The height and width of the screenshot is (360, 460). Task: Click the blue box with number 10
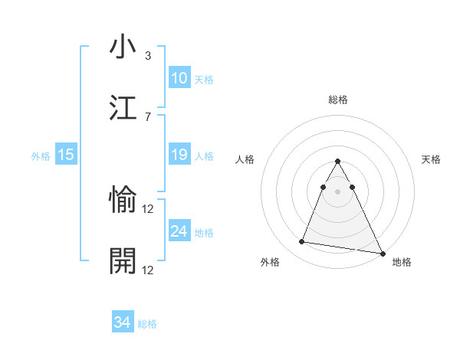tap(179, 78)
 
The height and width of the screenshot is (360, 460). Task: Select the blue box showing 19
tap(179, 155)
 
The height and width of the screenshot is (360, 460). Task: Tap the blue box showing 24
tap(179, 231)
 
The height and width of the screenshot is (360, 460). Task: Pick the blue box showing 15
tap(65, 155)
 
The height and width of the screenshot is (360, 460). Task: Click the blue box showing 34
tap(122, 322)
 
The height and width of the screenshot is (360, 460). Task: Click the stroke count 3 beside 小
tap(148, 56)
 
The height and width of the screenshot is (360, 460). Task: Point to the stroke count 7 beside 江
tap(148, 116)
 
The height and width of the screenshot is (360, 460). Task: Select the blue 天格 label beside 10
tap(204, 80)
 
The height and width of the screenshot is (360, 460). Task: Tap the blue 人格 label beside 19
tap(204, 156)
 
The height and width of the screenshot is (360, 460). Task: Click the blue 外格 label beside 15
tap(41, 156)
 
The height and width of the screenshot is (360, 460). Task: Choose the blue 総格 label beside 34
tap(147, 324)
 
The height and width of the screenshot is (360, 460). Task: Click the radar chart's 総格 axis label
tap(338, 100)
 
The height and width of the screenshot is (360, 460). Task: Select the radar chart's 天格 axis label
tap(432, 159)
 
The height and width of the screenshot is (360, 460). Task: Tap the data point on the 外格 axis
tap(301, 242)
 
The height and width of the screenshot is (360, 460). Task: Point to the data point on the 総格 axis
tap(338, 162)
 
